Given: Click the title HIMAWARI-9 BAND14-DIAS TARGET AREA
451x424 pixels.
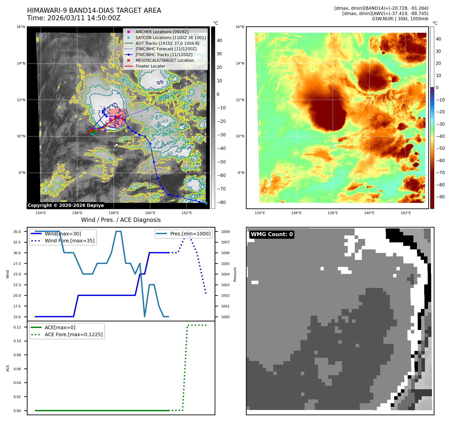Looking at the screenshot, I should point(94,11).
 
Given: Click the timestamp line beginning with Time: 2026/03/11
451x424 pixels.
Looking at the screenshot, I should point(74,18).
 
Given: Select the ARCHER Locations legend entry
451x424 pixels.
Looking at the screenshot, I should point(162,32).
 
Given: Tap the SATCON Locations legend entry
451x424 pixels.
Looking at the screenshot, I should point(171,38).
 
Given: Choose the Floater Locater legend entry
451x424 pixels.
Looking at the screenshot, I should point(150,66).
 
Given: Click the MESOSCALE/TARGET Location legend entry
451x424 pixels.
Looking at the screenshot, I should point(165,60).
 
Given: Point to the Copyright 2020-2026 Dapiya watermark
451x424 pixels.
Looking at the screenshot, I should point(66,205).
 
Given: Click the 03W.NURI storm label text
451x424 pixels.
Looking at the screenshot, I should point(400,19).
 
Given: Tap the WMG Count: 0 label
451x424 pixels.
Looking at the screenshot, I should point(272,234).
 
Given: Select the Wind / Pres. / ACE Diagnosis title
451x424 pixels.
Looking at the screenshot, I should point(121,220).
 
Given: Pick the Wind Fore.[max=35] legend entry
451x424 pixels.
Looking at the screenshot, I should point(69,241).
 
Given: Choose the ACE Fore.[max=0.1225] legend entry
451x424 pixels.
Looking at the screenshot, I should point(73,334).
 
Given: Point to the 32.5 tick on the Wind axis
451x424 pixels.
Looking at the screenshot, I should point(17,242).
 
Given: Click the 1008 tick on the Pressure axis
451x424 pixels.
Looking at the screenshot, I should point(225,232).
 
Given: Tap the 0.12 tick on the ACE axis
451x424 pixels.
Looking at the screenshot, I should point(17,327).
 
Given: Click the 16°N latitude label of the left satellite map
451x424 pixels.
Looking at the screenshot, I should point(21,27).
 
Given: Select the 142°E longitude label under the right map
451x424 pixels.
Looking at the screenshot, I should point(405,213).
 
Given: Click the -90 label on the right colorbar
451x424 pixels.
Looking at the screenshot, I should point(440,197).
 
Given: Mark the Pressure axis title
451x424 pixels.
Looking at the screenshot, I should point(235,274).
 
